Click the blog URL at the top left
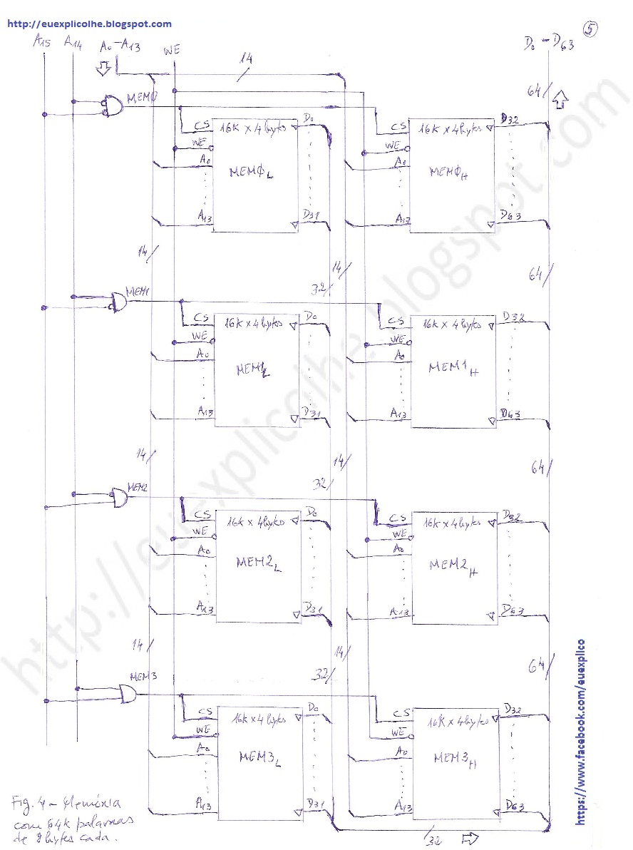(89, 24)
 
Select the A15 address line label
(42, 42)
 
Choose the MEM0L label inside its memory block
(249, 173)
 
